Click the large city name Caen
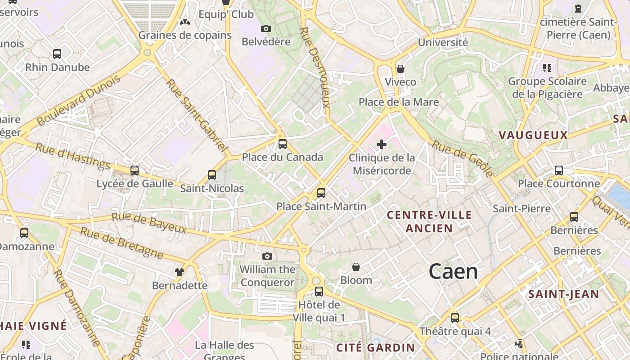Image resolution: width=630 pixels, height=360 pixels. click(x=453, y=271)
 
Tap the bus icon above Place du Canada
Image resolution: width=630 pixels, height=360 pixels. click(x=283, y=144)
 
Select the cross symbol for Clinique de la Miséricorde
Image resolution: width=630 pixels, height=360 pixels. click(x=382, y=144)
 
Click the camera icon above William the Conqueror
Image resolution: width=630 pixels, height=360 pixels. click(x=267, y=256)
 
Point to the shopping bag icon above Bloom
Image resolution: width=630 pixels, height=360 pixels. click(x=356, y=267)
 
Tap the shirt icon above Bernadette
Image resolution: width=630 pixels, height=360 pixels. click(x=180, y=272)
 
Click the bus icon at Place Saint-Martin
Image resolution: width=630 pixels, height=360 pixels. click(x=321, y=193)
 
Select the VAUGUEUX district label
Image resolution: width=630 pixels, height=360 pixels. click(x=533, y=135)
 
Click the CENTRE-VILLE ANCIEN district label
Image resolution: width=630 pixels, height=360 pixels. click(x=429, y=221)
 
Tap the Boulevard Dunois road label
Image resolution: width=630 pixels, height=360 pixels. click(x=79, y=100)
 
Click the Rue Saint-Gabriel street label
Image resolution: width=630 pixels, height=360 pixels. click(x=196, y=115)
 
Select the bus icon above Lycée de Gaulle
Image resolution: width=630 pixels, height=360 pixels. click(x=135, y=171)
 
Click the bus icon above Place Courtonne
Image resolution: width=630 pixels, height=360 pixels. click(x=559, y=171)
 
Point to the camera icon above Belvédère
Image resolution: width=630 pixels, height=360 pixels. click(x=266, y=29)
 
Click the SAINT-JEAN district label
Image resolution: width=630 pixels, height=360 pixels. click(x=563, y=294)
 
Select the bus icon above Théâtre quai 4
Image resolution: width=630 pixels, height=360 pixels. click(x=455, y=318)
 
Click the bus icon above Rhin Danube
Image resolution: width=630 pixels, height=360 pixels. click(x=57, y=54)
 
